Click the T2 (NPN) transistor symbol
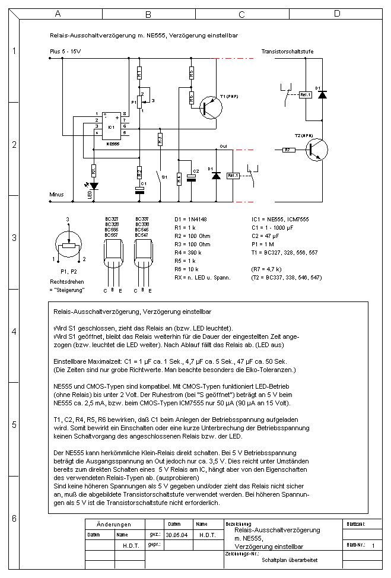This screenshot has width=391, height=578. (x=316, y=150)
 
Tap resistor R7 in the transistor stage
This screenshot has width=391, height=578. (x=288, y=150)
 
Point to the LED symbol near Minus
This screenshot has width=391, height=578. (x=94, y=186)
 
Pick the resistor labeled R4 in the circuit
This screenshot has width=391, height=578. (x=179, y=179)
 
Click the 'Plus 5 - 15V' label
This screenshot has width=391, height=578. (x=65, y=52)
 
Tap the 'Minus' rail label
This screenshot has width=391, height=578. (x=57, y=194)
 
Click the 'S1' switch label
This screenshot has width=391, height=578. (x=164, y=177)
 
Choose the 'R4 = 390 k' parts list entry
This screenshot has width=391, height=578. (x=193, y=252)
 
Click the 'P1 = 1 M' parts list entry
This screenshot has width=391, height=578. (x=265, y=244)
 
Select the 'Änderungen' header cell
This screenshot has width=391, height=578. (x=113, y=525)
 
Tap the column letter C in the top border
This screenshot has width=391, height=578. (x=242, y=13)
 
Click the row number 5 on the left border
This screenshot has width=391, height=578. (x=14, y=425)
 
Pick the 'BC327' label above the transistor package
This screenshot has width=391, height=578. (x=111, y=219)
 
